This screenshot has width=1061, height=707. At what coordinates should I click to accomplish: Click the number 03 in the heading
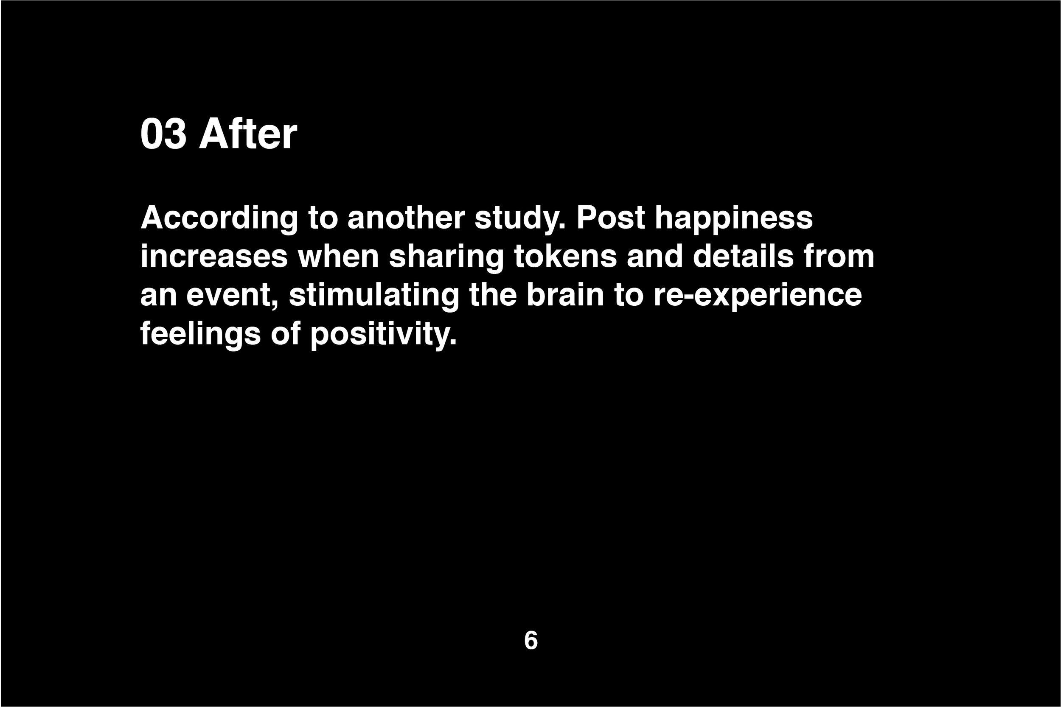click(163, 134)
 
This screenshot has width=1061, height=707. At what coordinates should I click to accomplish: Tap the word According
click(219, 218)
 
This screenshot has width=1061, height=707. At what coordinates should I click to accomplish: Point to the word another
click(406, 218)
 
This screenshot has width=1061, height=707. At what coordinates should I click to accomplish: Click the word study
click(519, 218)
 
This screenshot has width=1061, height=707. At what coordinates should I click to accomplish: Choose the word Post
click(610, 218)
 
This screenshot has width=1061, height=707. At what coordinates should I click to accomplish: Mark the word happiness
click(733, 218)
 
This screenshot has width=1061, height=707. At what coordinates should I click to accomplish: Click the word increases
click(214, 257)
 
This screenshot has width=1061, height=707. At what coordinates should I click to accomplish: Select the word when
click(338, 257)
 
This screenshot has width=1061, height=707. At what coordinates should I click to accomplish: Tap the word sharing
click(446, 257)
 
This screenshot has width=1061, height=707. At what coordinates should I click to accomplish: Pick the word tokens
click(565, 257)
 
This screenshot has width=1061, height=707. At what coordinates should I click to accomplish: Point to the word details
click(743, 257)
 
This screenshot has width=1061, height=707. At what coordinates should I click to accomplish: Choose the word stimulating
click(374, 295)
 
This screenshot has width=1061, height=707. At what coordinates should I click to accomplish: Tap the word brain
click(565, 295)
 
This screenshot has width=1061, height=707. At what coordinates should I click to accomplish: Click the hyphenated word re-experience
click(758, 295)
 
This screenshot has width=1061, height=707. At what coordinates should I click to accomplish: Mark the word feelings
click(200, 334)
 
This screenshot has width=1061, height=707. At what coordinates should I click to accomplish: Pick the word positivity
click(383, 334)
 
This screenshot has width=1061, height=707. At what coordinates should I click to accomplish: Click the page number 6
click(531, 640)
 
